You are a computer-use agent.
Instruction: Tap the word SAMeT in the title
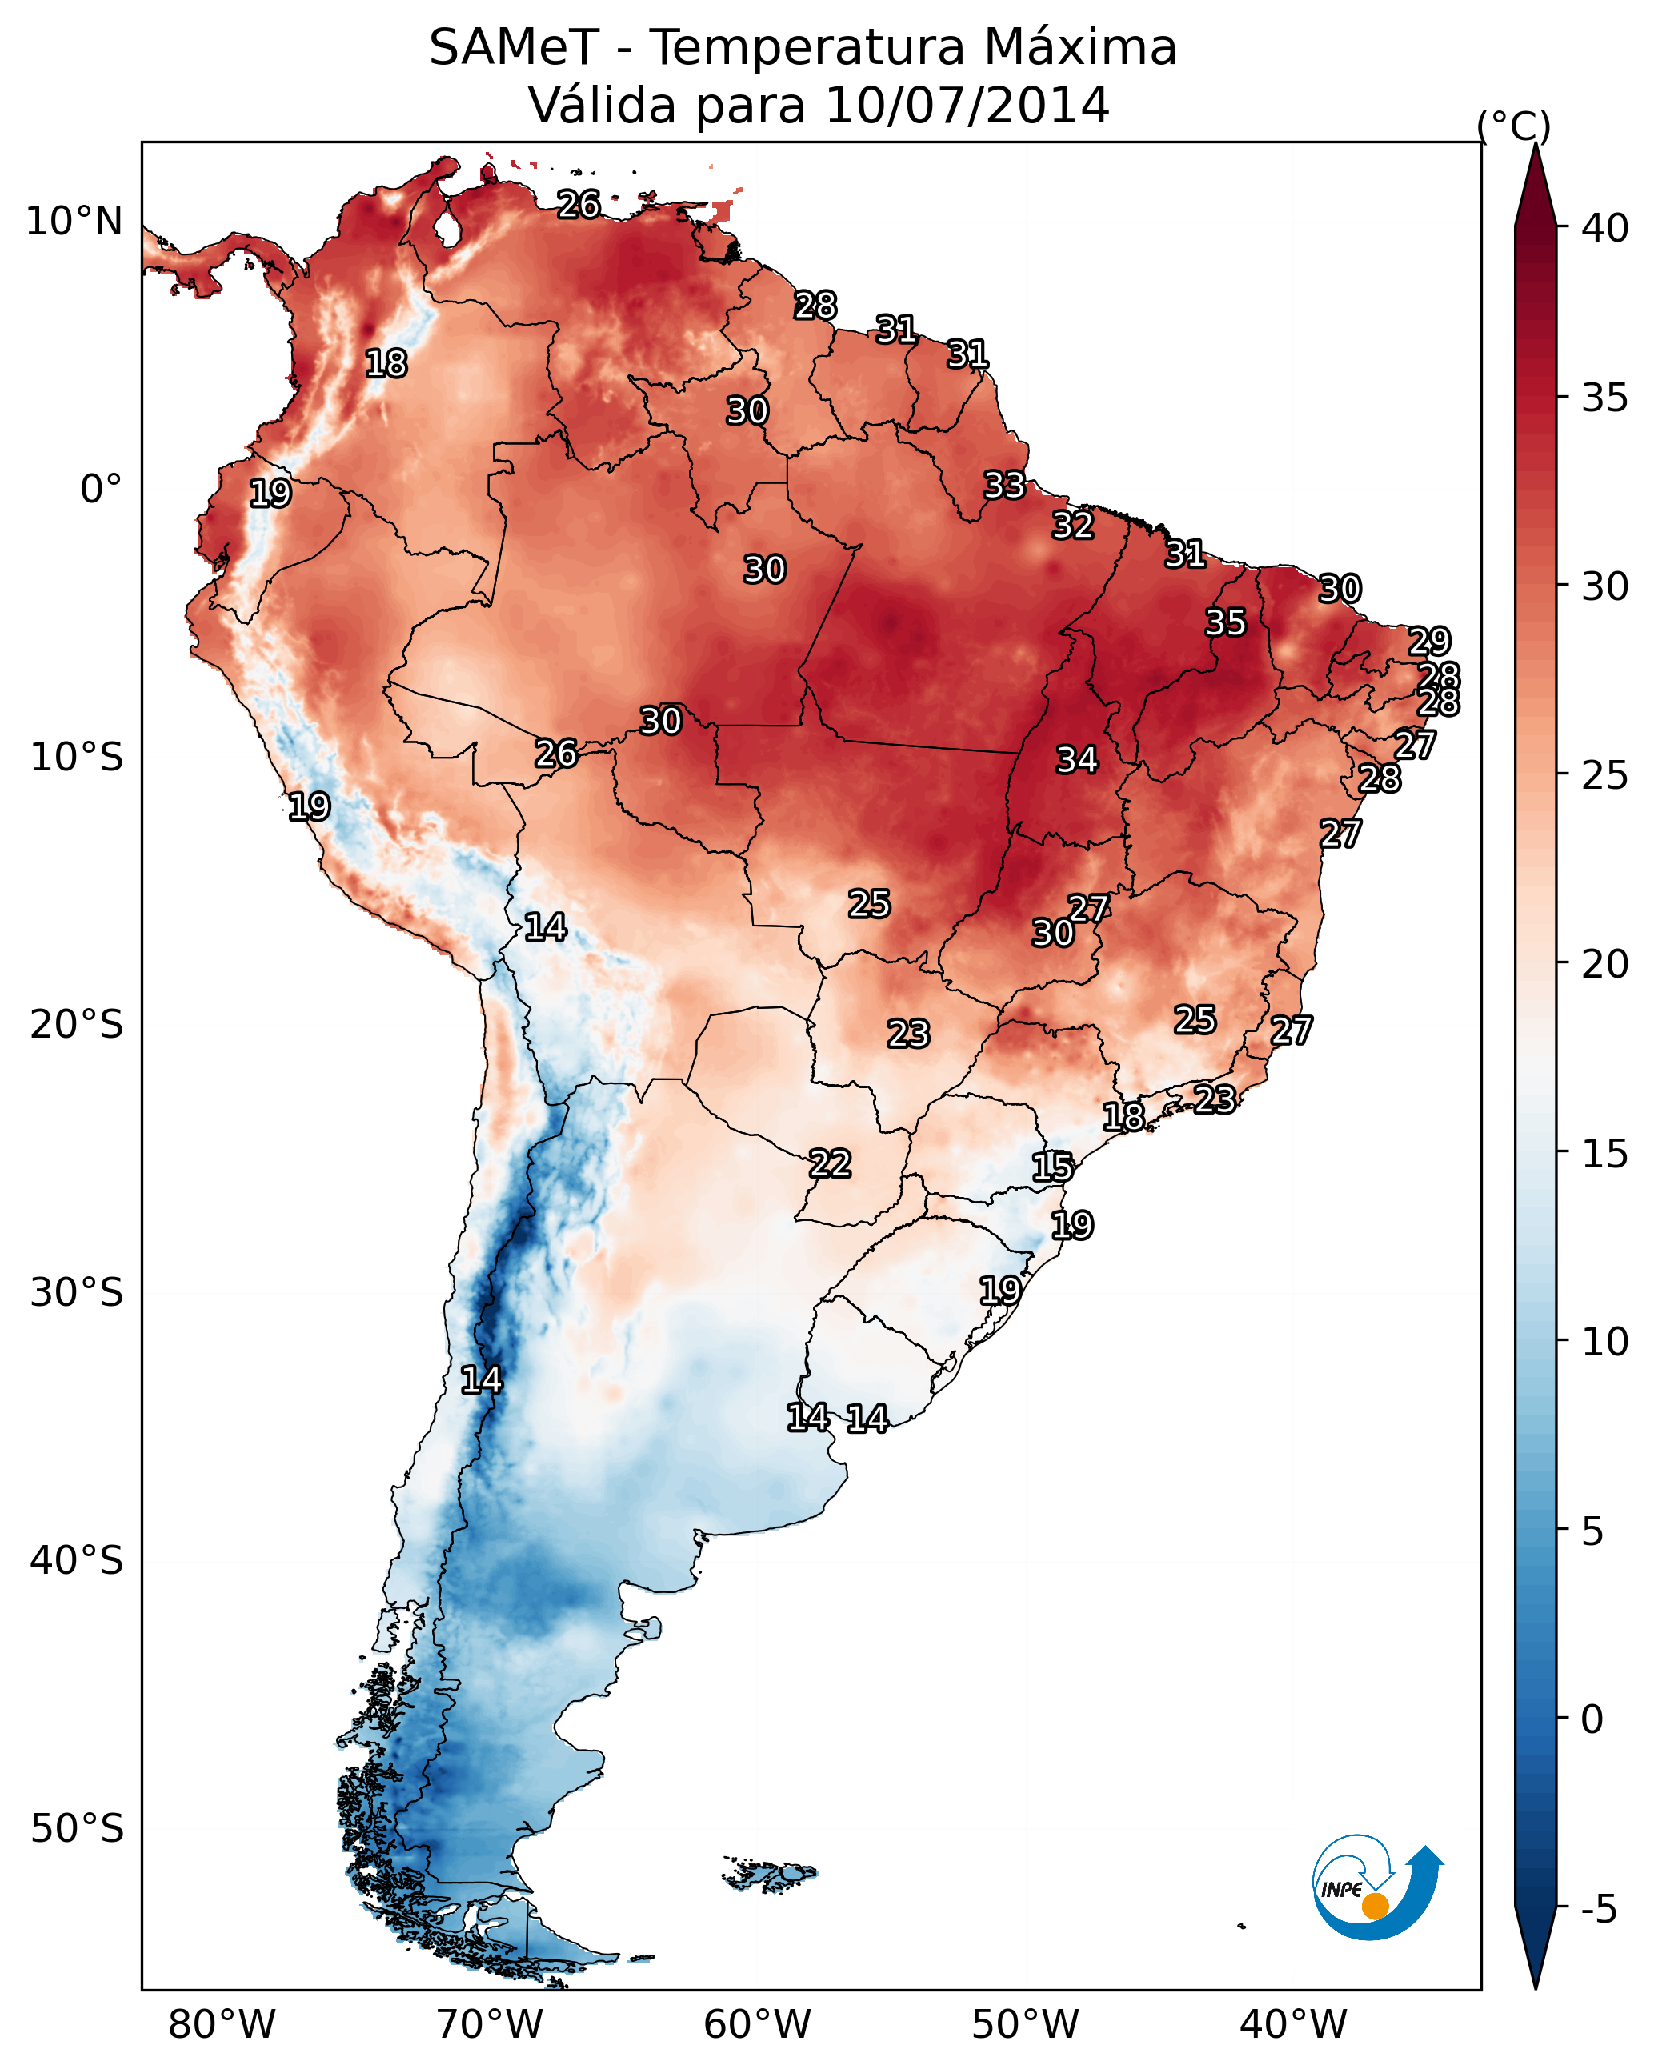514,48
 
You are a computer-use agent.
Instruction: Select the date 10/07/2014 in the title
967,105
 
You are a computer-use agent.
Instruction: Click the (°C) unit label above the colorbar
1513,126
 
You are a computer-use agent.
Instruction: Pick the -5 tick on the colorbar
1598,1910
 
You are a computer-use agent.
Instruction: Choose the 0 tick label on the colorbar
1592,1719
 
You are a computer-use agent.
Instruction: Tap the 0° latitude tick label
101,490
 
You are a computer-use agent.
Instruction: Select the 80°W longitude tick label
222,2024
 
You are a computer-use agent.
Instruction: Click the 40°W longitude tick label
1293,2024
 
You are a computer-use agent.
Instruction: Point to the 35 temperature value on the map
1226,622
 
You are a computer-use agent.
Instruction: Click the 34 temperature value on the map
1077,760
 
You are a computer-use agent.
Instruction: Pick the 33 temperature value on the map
1004,486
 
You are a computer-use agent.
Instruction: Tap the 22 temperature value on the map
829,1164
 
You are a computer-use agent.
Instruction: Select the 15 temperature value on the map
1052,1167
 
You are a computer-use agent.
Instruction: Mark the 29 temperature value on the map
1428,641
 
